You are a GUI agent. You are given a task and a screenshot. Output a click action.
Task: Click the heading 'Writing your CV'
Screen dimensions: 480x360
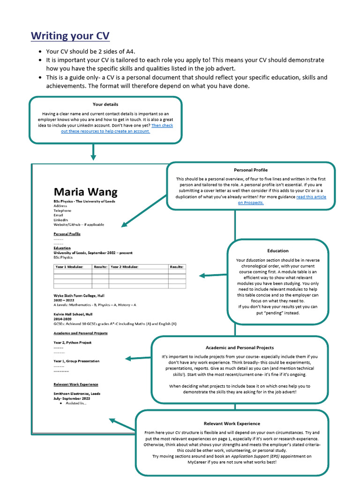[x=70, y=36]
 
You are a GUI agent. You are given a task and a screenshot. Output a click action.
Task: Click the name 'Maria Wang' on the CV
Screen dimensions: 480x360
[x=85, y=192]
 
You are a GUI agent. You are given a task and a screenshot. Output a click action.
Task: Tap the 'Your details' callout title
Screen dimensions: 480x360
[x=105, y=104]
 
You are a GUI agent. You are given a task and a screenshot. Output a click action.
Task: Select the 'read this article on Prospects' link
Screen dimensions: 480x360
[x=281, y=200]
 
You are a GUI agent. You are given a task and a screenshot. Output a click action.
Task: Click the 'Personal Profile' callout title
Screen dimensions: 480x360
[x=251, y=170]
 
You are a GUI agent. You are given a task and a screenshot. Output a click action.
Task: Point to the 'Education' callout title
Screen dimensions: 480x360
[x=278, y=251]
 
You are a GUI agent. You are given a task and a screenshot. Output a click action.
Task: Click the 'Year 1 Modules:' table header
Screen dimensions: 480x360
[x=69, y=266]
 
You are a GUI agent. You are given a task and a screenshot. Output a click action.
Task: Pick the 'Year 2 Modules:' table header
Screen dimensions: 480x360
[x=124, y=266]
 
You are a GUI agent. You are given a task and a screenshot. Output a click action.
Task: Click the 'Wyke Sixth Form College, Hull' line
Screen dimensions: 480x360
[x=78, y=296]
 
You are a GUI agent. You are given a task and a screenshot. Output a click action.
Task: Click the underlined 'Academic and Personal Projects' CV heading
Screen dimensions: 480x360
[x=81, y=333]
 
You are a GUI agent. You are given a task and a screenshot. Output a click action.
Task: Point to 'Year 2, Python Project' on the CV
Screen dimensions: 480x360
[x=73, y=343]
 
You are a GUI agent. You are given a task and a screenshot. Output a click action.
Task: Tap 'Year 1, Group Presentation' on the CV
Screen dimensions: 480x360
[x=76, y=361]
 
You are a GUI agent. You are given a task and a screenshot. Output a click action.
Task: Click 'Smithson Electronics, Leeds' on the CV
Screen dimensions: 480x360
[x=77, y=394]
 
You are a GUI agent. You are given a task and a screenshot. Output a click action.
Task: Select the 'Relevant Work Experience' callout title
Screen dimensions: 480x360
[x=232, y=423]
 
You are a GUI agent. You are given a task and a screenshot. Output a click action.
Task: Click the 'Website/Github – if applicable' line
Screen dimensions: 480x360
[x=79, y=225]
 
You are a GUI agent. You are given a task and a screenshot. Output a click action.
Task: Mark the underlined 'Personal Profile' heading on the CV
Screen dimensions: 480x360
[x=67, y=233]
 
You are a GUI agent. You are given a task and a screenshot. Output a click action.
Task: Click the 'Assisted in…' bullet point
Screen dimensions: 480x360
[x=76, y=403]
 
